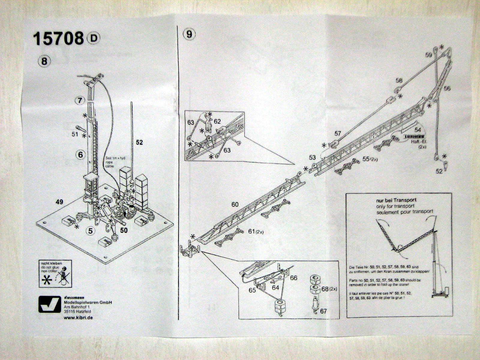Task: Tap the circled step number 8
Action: [x=44, y=61]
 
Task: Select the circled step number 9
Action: [x=189, y=34]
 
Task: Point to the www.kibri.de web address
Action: [x=78, y=317]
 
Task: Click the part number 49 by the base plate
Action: [x=59, y=202]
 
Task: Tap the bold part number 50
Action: [x=124, y=230]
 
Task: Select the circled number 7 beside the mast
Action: [x=79, y=100]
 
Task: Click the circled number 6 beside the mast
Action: [x=80, y=154]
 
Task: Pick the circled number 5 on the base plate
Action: [x=90, y=231]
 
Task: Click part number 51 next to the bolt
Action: [x=75, y=134]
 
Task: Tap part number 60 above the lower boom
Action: [x=235, y=205]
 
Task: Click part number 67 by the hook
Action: [x=323, y=311]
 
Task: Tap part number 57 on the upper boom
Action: [x=338, y=133]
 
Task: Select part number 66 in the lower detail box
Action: [x=293, y=278]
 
